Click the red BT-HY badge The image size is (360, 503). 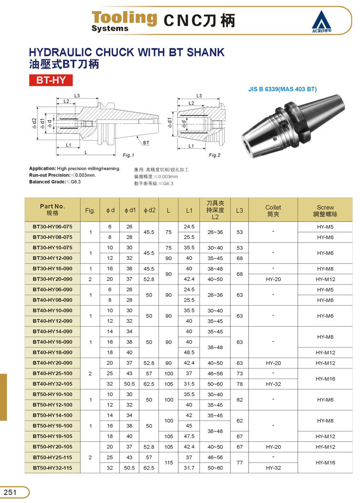(51, 80)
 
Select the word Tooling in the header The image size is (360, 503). (124, 18)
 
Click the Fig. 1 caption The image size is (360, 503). (129, 155)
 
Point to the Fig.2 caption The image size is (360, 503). (215, 155)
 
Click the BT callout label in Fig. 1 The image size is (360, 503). (146, 143)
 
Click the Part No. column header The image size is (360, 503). (52, 209)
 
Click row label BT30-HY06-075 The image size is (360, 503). (52, 226)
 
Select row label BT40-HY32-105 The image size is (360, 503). (52, 384)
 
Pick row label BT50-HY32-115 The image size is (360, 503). (52, 468)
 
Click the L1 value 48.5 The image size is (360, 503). (189, 352)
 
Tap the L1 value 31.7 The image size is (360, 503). (189, 468)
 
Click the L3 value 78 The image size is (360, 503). (239, 384)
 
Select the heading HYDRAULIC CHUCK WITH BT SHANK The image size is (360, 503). (127, 52)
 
